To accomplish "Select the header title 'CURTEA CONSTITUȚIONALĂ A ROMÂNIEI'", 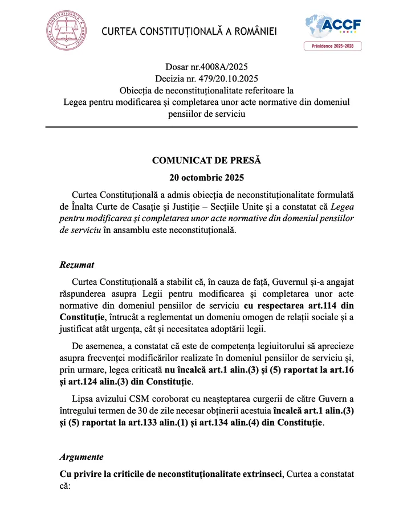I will click(189, 31).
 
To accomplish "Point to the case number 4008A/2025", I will click(223, 67).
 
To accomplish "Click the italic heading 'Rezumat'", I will click(77, 265).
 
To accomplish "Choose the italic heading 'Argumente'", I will click(82, 456).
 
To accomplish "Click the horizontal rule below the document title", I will click(201, 126).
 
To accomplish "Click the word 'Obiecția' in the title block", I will click(137, 91).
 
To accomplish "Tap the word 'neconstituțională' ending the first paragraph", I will click(196, 231).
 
